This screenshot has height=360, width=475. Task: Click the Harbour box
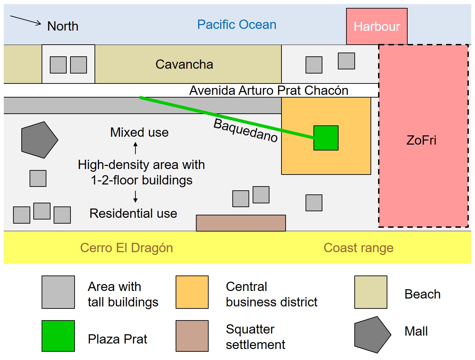pyautogui.click(x=377, y=26)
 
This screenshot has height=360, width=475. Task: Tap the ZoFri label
pyautogui.click(x=421, y=140)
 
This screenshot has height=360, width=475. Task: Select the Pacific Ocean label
pyautogui.click(x=236, y=25)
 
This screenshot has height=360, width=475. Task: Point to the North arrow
pyautogui.click(x=26, y=20)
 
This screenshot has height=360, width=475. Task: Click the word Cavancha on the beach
pyautogui.click(x=184, y=64)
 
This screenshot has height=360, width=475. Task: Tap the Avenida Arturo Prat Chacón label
pyautogui.click(x=269, y=90)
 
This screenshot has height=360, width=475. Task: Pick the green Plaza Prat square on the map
pyautogui.click(x=326, y=138)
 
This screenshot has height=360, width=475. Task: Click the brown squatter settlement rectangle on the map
pyautogui.click(x=241, y=223)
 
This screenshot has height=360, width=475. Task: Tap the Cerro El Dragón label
pyautogui.click(x=126, y=248)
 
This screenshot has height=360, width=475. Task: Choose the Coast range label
pyautogui.click(x=358, y=248)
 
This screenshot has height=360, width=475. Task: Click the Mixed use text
pyautogui.click(x=139, y=132)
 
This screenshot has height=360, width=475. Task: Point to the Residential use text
pyautogui.click(x=133, y=213)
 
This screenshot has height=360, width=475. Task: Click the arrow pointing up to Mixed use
pyautogui.click(x=135, y=148)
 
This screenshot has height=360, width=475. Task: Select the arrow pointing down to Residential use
pyautogui.click(x=135, y=196)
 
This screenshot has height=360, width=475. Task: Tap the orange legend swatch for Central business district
pyautogui.click(x=192, y=292)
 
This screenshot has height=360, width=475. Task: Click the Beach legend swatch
pyautogui.click(x=371, y=292)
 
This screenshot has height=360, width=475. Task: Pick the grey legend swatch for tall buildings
pyautogui.click(x=58, y=292)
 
